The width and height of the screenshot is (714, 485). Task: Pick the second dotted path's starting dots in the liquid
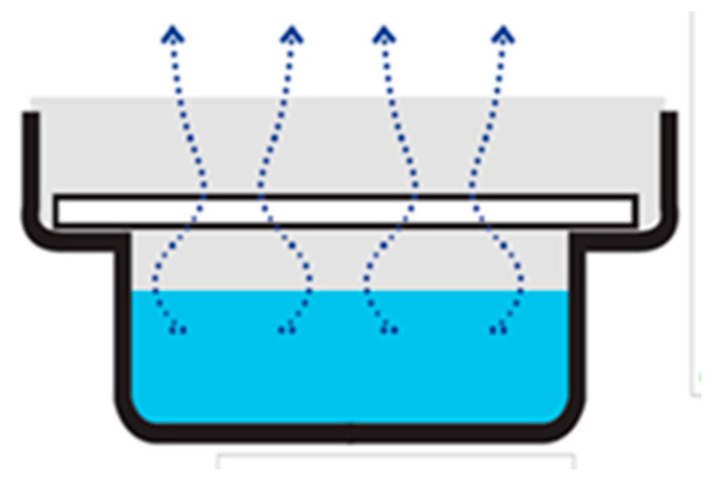coord(284,329)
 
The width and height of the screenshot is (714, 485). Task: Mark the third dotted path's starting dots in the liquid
coord(389,329)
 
